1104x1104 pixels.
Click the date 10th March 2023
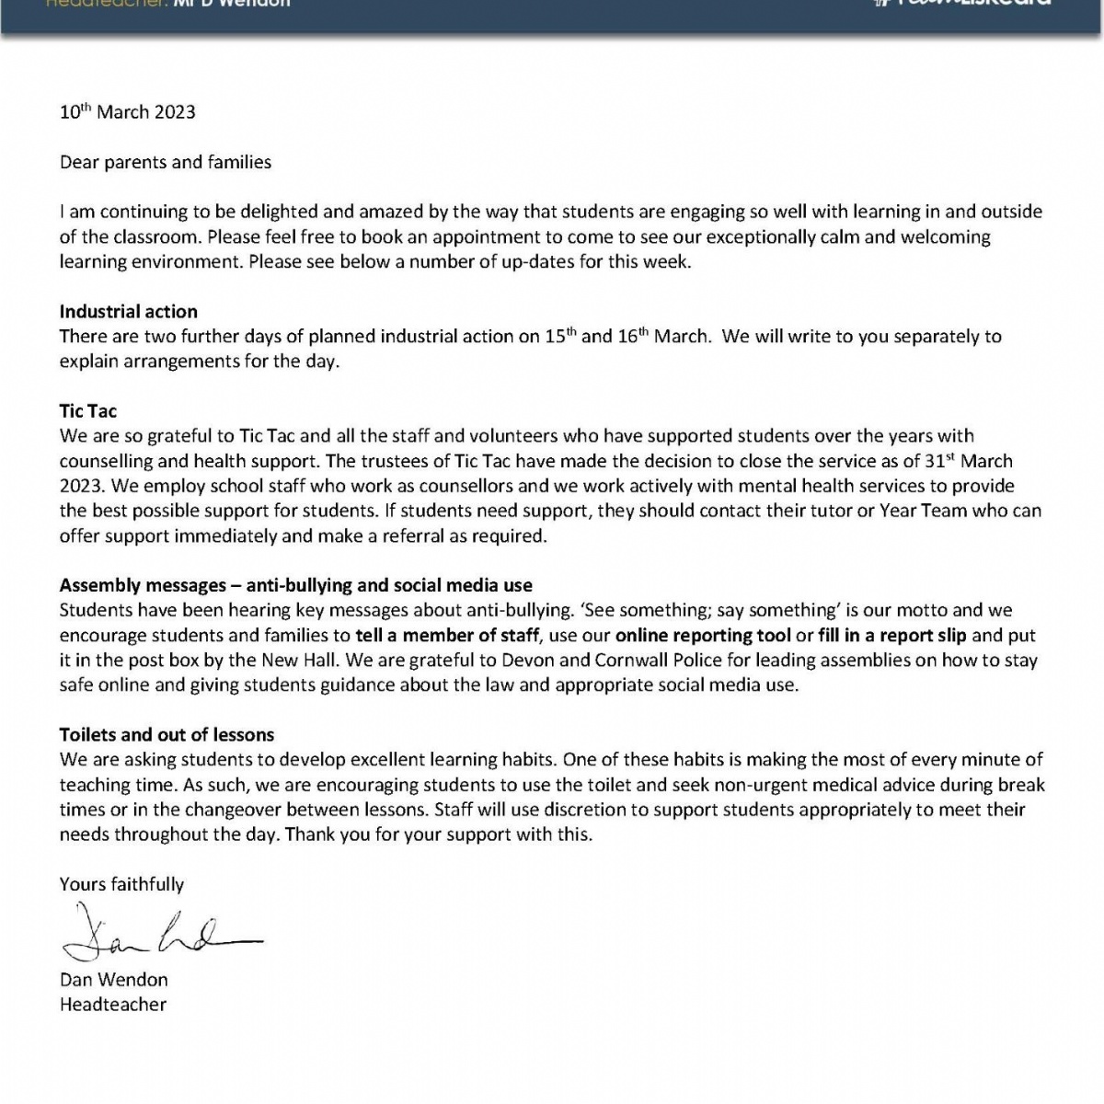click(x=128, y=112)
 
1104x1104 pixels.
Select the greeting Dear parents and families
click(x=166, y=163)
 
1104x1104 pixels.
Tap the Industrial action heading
click(x=129, y=312)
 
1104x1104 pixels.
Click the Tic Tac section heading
click(x=88, y=411)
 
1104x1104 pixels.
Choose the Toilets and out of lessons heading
click(x=167, y=735)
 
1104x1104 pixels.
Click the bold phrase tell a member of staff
click(x=447, y=636)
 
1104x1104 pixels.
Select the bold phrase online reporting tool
click(x=703, y=636)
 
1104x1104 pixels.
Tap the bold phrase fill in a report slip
click(x=892, y=636)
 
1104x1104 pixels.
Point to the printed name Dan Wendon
click(x=114, y=980)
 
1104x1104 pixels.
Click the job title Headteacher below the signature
click(x=113, y=1005)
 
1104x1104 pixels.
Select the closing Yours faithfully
click(x=121, y=885)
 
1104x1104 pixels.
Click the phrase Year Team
click(x=921, y=511)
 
